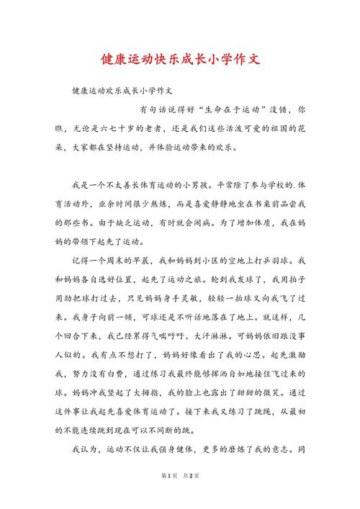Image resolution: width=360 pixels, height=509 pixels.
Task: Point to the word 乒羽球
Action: pyautogui.click(x=276, y=259)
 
